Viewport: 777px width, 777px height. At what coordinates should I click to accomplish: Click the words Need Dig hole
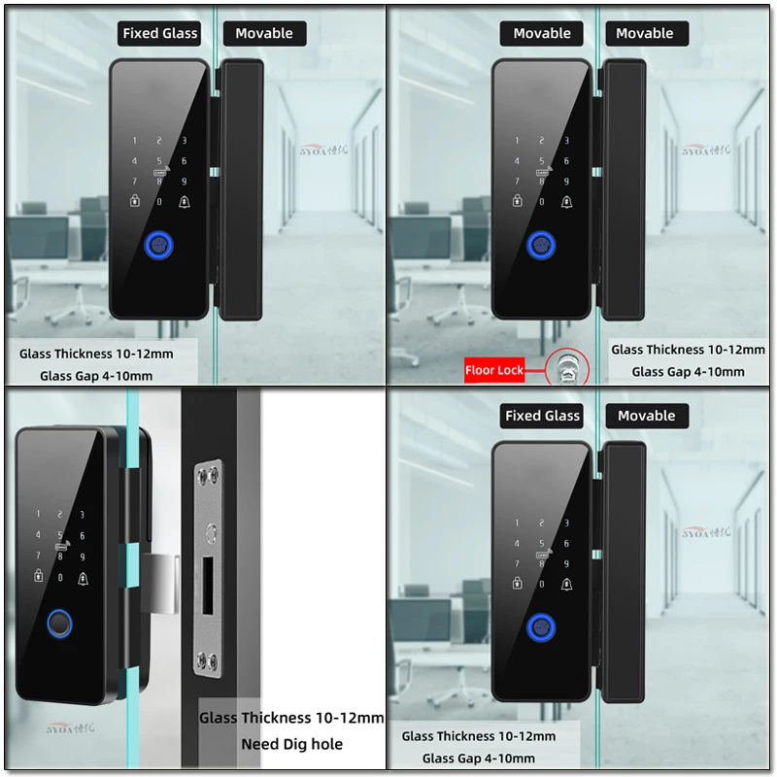tap(292, 745)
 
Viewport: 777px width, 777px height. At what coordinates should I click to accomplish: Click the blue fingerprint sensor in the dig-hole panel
tap(60, 624)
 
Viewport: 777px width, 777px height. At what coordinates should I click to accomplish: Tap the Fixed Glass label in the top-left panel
tap(160, 33)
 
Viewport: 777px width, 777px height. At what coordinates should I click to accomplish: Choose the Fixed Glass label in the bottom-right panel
tap(542, 416)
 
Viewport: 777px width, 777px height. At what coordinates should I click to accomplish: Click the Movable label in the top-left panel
tap(264, 33)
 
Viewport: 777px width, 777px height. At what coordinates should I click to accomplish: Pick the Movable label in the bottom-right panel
tap(646, 416)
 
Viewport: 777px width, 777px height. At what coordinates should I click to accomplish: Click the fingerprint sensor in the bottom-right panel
tap(541, 628)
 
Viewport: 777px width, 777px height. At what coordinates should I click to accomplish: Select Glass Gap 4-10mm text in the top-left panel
tap(96, 376)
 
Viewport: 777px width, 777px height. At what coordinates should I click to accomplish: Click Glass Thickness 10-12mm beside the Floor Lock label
tap(688, 350)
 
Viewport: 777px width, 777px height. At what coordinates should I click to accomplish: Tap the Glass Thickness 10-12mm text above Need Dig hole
tap(291, 718)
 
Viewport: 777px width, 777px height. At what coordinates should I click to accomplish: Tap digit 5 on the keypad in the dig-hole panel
tap(60, 535)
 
